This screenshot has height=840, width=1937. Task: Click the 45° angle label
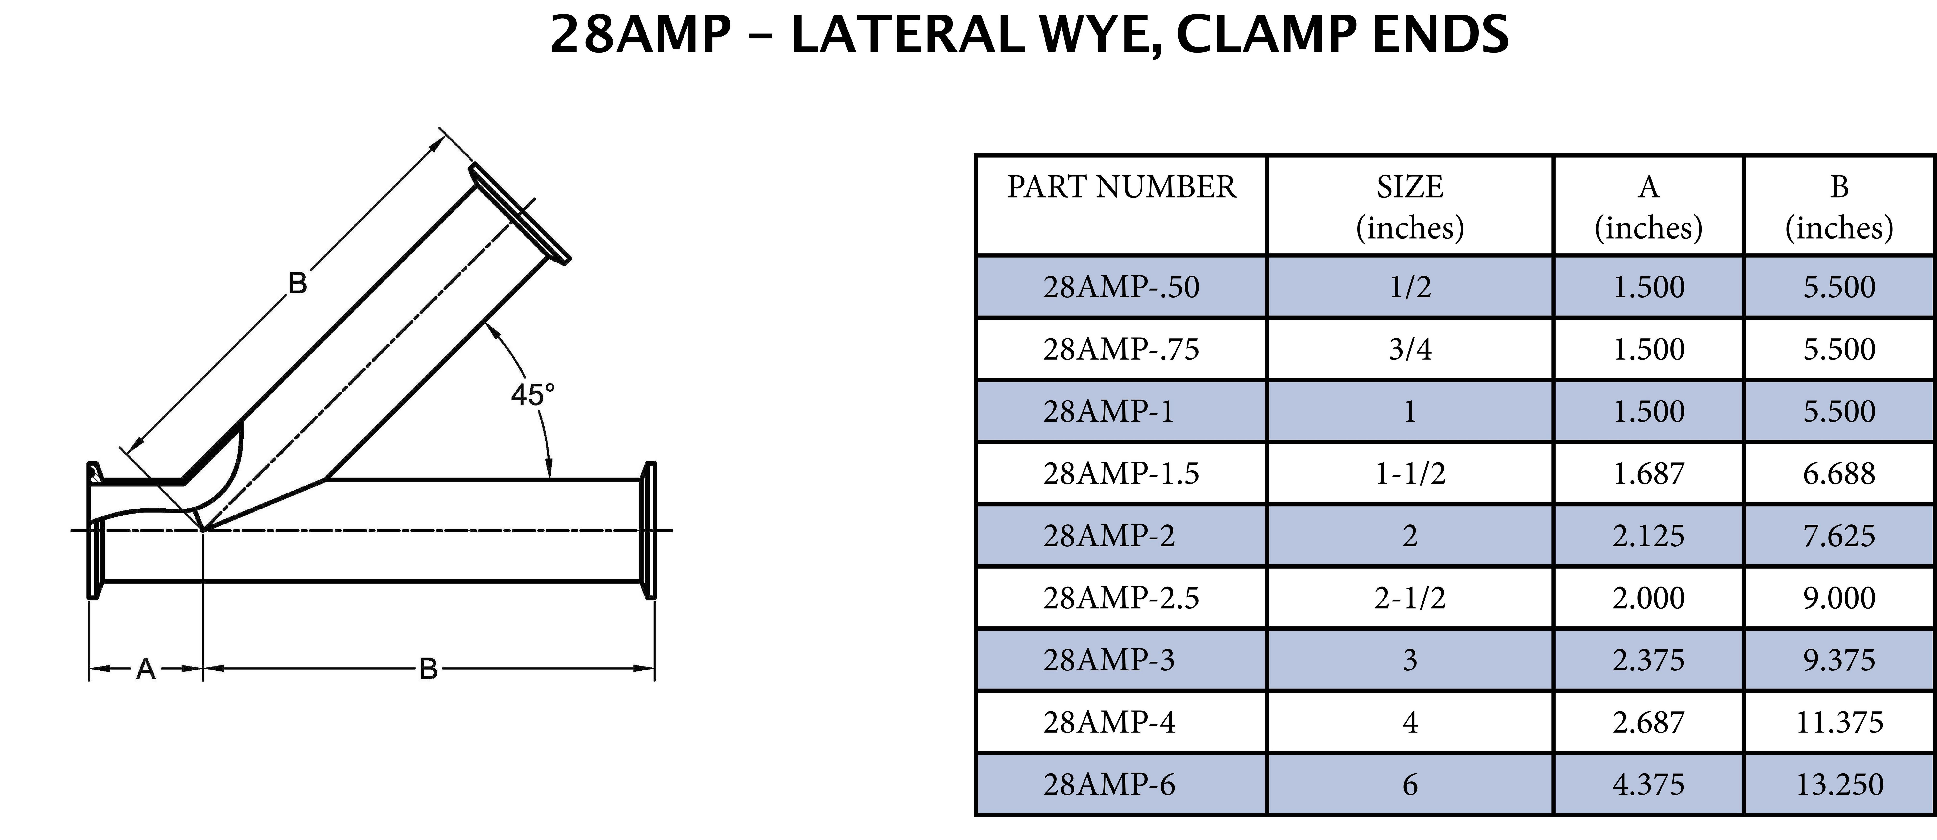click(x=532, y=395)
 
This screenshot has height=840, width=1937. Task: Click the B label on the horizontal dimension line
click(x=428, y=669)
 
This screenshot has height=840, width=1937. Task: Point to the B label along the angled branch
click(x=298, y=284)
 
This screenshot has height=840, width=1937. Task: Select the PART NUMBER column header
click(x=1120, y=187)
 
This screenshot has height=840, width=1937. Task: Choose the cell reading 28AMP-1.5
click(x=1120, y=474)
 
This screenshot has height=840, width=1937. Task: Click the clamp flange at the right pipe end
click(x=649, y=530)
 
